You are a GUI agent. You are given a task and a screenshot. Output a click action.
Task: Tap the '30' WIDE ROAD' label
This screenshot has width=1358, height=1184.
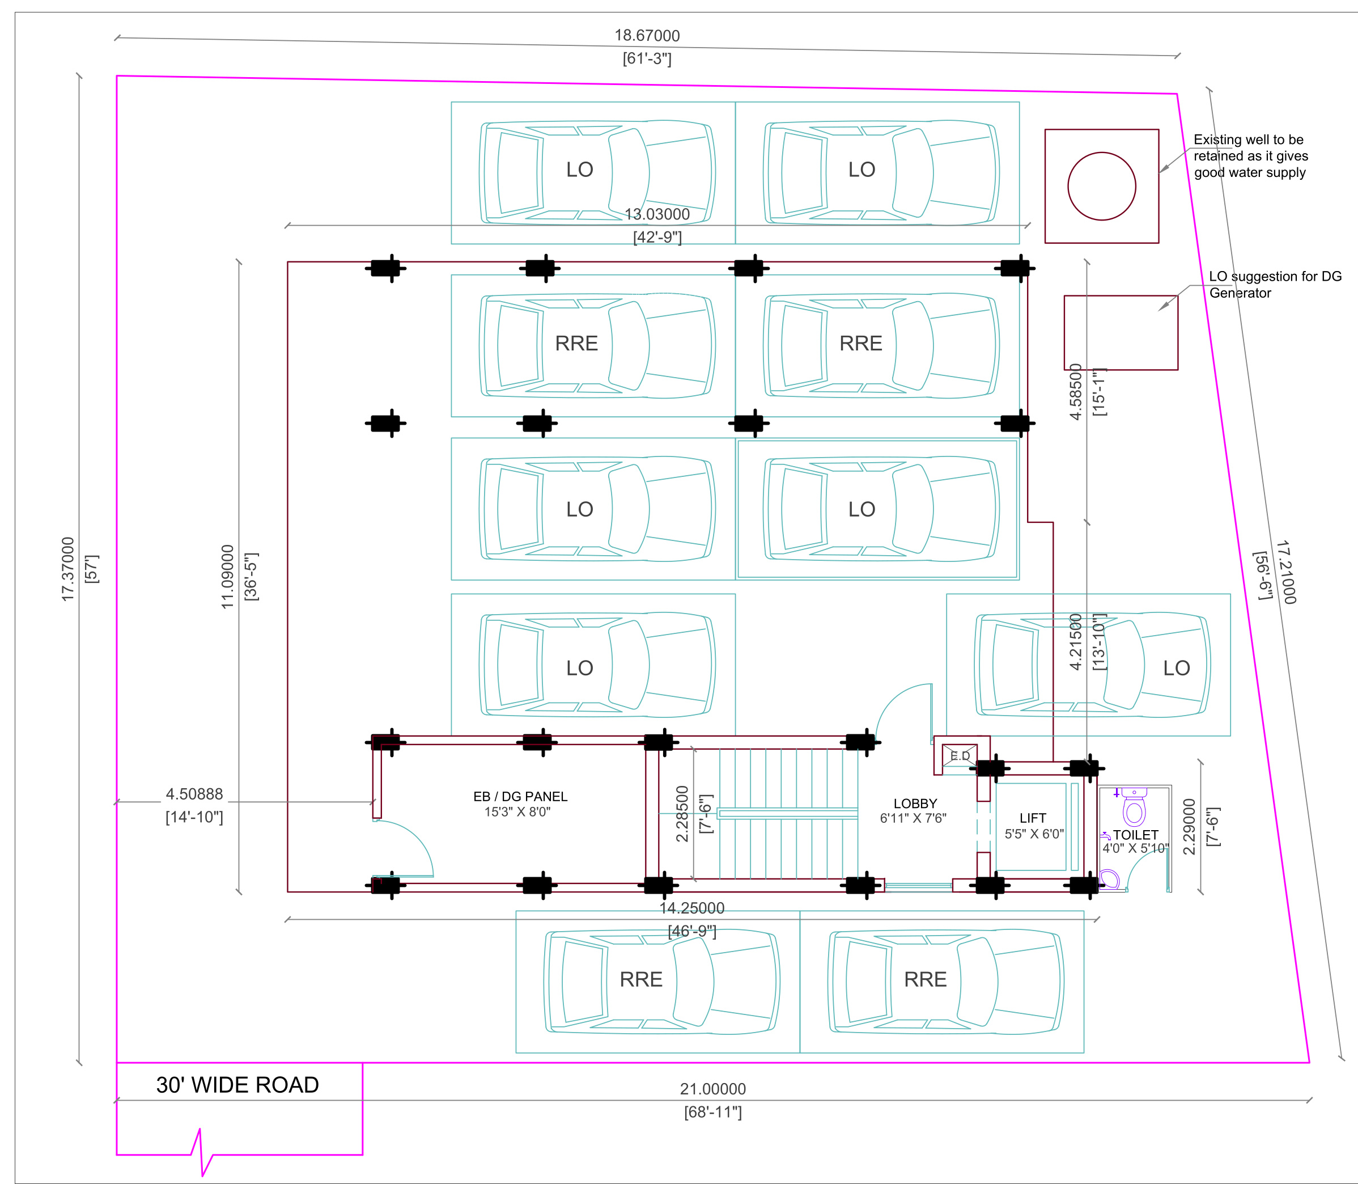pos(238,1085)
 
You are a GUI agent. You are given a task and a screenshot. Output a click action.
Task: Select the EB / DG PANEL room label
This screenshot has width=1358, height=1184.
pos(520,797)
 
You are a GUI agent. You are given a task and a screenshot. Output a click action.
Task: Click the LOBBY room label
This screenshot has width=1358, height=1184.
pos(915,804)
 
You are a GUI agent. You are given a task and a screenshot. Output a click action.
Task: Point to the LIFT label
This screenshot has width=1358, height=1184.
pos(1033,818)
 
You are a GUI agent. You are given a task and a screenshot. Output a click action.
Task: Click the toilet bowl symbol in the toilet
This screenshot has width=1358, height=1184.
pos(1134,807)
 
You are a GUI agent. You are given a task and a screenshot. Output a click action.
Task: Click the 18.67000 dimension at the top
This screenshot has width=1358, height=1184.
pos(647,36)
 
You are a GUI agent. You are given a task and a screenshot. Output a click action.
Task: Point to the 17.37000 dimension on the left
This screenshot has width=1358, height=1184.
pos(68,569)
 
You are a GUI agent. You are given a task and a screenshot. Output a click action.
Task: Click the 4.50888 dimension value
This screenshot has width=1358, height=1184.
pos(194,794)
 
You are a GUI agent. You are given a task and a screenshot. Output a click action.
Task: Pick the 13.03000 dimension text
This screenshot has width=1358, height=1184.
pos(657,214)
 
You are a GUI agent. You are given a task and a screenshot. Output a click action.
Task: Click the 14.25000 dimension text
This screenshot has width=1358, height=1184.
pos(692,908)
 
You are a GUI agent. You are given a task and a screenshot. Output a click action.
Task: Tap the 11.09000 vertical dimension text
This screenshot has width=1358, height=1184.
pos(227,576)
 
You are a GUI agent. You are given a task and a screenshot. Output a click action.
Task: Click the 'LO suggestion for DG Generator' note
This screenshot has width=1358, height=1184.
pos(1275,285)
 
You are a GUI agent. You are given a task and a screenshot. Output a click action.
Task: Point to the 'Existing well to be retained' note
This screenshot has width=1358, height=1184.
pos(1250,156)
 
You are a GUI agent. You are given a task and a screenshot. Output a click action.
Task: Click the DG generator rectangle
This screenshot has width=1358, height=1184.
pos(1121,296)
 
